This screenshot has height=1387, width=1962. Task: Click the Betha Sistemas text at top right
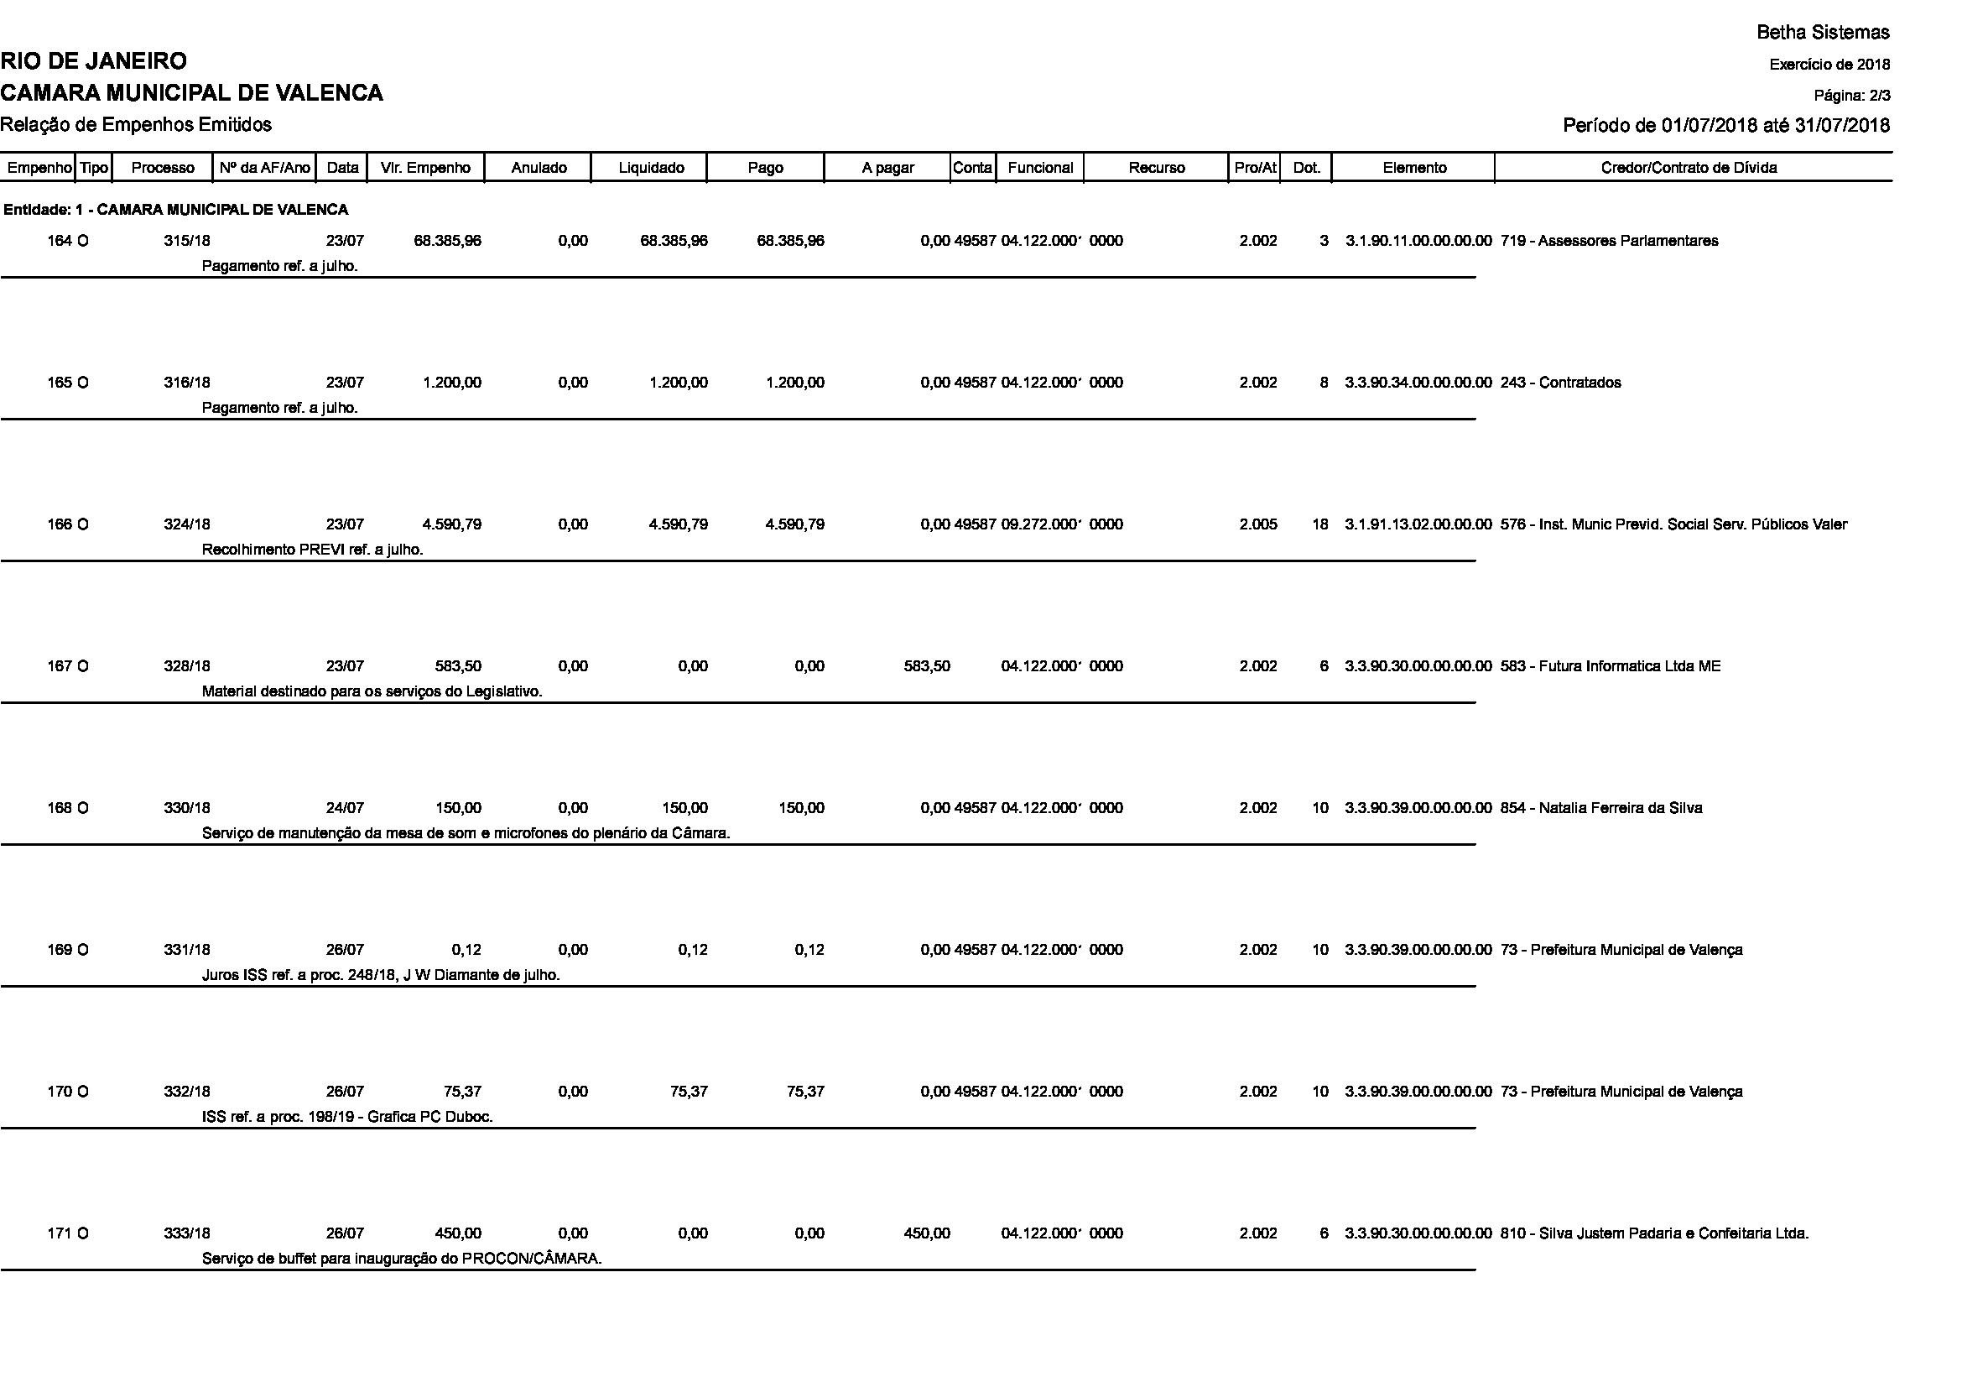[1823, 33]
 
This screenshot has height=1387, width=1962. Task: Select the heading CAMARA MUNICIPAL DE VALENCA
[191, 93]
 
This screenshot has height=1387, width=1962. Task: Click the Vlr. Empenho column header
[425, 168]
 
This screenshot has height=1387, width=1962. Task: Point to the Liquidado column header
[651, 168]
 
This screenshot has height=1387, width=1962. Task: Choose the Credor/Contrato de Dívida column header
[1689, 168]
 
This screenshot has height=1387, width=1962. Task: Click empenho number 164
[59, 241]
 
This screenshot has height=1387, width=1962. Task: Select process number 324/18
[187, 524]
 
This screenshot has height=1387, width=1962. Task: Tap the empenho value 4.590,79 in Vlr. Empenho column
[451, 524]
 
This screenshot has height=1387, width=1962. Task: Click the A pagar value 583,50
[926, 666]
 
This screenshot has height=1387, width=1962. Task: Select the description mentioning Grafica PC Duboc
[347, 1117]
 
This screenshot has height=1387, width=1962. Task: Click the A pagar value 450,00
[926, 1234]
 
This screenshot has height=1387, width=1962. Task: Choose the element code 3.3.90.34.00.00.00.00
[1418, 383]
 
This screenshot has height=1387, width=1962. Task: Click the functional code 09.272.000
[1042, 524]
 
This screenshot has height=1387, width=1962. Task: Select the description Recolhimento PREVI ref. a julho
[312, 550]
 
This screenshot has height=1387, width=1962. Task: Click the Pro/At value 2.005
[1258, 524]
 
